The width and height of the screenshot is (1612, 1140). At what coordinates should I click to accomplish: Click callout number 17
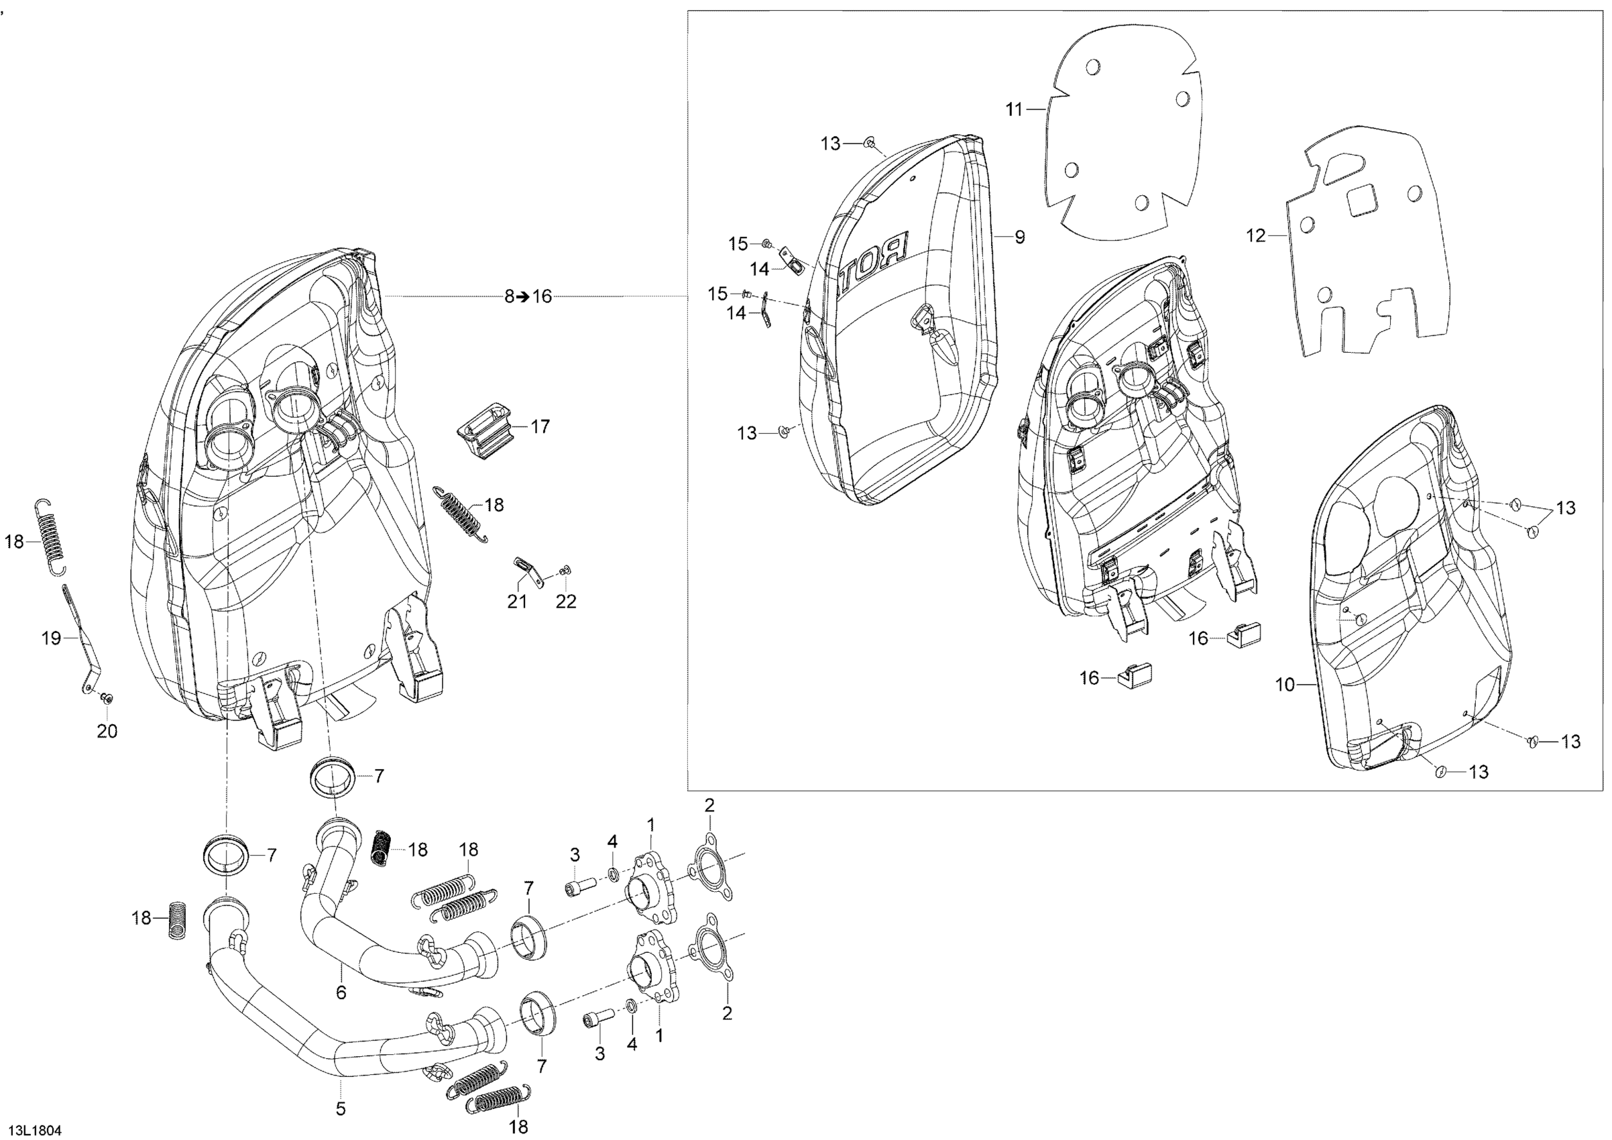[540, 426]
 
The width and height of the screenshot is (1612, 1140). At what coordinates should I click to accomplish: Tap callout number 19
[52, 638]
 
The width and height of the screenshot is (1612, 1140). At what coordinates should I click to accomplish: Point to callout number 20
[107, 732]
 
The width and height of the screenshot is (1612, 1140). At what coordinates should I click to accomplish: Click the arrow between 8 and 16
[523, 296]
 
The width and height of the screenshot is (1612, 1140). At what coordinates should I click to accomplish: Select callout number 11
[1014, 109]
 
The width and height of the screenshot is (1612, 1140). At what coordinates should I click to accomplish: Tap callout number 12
[1255, 236]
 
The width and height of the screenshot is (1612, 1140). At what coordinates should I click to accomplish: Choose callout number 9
[1019, 237]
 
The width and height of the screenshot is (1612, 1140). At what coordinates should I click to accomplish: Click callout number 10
[1285, 685]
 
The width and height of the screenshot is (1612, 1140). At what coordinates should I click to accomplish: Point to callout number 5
[341, 1109]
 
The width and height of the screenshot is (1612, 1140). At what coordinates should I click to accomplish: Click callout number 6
[341, 992]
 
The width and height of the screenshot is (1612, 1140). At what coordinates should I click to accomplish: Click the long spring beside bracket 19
[49, 536]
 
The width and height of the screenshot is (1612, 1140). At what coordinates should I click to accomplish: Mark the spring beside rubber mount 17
[461, 514]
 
